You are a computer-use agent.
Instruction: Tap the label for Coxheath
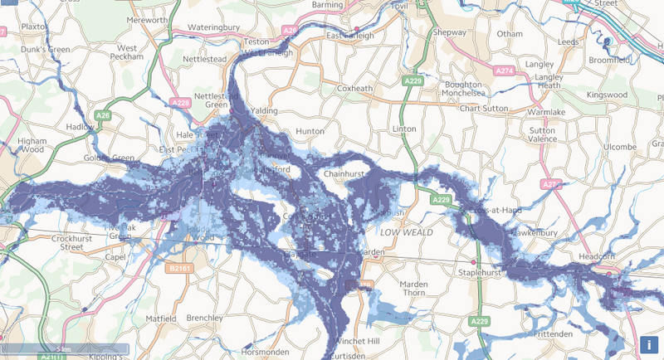(x=357, y=88)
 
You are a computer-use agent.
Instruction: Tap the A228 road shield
(x=181, y=102)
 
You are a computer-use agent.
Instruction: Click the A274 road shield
(x=504, y=72)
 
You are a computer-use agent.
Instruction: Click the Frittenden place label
(x=553, y=333)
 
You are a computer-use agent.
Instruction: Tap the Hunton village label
(x=309, y=131)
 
